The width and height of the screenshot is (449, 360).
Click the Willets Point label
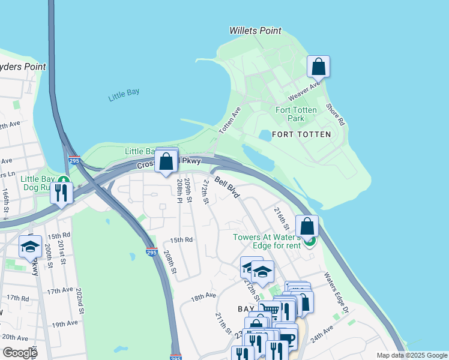click(x=255, y=31)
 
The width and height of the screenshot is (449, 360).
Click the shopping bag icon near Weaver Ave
click(x=318, y=67)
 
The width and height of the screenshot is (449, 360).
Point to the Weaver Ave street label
click(x=304, y=92)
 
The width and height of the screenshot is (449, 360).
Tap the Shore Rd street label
click(x=335, y=115)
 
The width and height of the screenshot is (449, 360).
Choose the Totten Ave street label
click(x=229, y=121)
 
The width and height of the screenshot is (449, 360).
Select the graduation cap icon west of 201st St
click(x=30, y=246)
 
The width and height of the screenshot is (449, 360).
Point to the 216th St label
click(x=282, y=218)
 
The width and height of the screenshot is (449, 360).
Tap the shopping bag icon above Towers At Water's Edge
click(x=307, y=226)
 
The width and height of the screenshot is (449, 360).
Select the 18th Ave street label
click(x=203, y=296)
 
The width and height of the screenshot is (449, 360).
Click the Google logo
click(x=20, y=352)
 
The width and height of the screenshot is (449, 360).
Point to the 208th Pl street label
click(x=179, y=191)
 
